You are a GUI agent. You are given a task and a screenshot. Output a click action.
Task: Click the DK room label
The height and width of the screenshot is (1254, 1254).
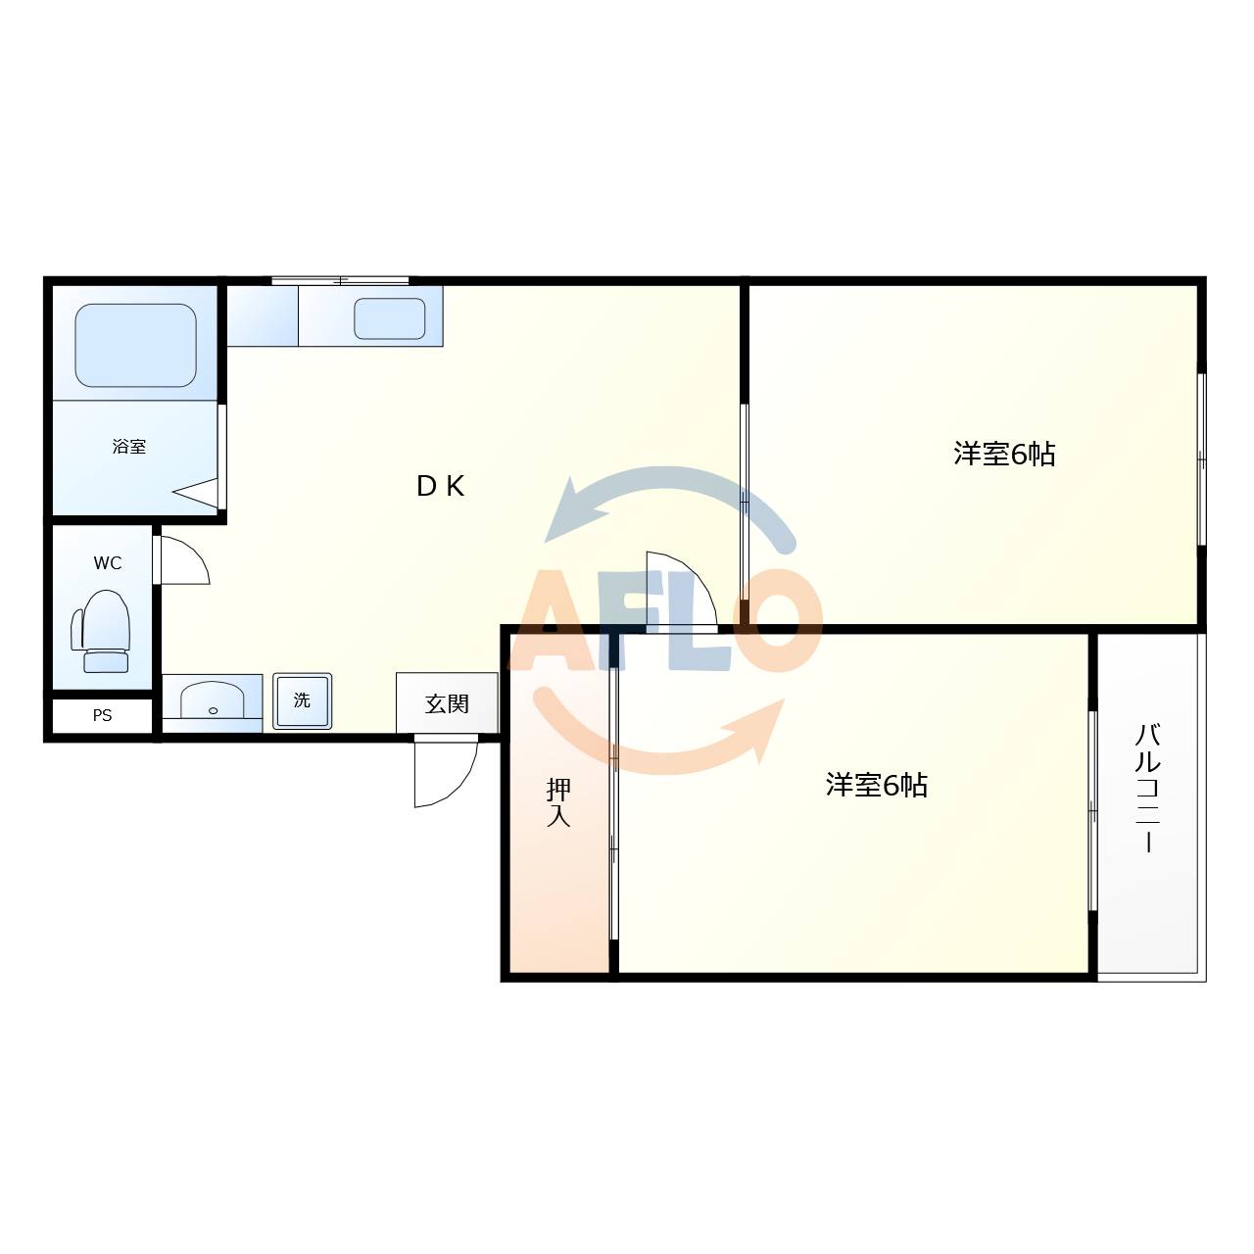tap(440, 486)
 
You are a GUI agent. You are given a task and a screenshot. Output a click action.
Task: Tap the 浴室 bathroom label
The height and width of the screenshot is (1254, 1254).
tap(129, 447)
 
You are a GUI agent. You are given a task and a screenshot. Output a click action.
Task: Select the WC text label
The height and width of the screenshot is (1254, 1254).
tap(108, 563)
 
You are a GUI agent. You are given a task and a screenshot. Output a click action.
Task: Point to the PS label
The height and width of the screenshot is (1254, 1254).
tap(102, 716)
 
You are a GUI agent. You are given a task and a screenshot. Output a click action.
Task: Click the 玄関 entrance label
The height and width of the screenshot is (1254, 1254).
tap(447, 703)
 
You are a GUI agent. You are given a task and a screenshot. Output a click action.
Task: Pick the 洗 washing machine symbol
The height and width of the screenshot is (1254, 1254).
tap(302, 700)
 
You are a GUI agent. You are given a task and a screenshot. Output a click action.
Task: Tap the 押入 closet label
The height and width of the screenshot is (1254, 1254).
tap(558, 802)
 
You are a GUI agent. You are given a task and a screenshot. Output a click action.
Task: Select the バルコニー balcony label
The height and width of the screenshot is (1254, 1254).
tap(1148, 788)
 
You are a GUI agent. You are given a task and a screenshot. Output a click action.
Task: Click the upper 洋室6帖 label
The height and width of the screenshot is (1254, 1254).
tap(1004, 454)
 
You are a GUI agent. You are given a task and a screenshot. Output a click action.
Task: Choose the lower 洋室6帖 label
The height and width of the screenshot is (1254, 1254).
tap(876, 785)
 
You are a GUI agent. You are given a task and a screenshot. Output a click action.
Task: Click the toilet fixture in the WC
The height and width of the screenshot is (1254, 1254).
tap(103, 632)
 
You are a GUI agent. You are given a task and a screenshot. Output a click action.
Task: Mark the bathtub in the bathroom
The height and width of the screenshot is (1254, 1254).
tap(135, 345)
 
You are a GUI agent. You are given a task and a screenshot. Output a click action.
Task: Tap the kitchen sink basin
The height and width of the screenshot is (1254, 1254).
tap(389, 318)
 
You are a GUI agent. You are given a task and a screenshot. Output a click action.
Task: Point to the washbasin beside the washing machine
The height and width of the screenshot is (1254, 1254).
tap(213, 700)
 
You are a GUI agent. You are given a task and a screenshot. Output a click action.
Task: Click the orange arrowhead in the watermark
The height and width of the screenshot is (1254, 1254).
tap(763, 724)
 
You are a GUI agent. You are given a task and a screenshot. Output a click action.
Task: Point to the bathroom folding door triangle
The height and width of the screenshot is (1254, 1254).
tap(198, 493)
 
